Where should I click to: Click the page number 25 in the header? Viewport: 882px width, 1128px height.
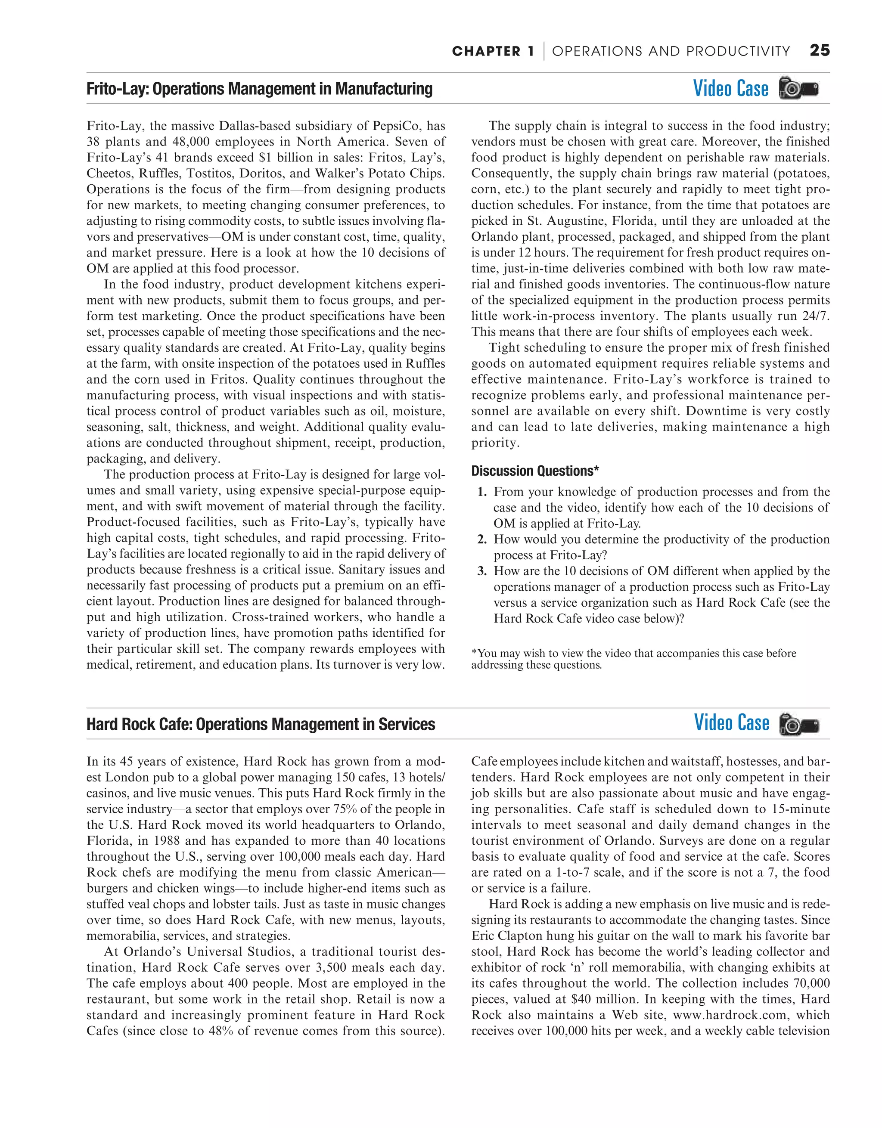click(x=820, y=51)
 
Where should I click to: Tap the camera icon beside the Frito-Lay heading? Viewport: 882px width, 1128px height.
click(x=798, y=89)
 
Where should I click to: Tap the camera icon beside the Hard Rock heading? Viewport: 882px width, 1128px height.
click(x=799, y=724)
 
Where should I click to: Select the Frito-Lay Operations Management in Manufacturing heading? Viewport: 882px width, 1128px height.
click(x=259, y=89)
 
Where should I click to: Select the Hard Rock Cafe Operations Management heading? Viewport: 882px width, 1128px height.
click(x=261, y=724)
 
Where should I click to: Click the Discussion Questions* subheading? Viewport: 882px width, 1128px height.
click(x=535, y=471)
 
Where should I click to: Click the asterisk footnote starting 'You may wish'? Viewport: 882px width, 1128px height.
click(x=633, y=659)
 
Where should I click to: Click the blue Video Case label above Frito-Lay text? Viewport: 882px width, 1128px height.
click(x=730, y=89)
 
